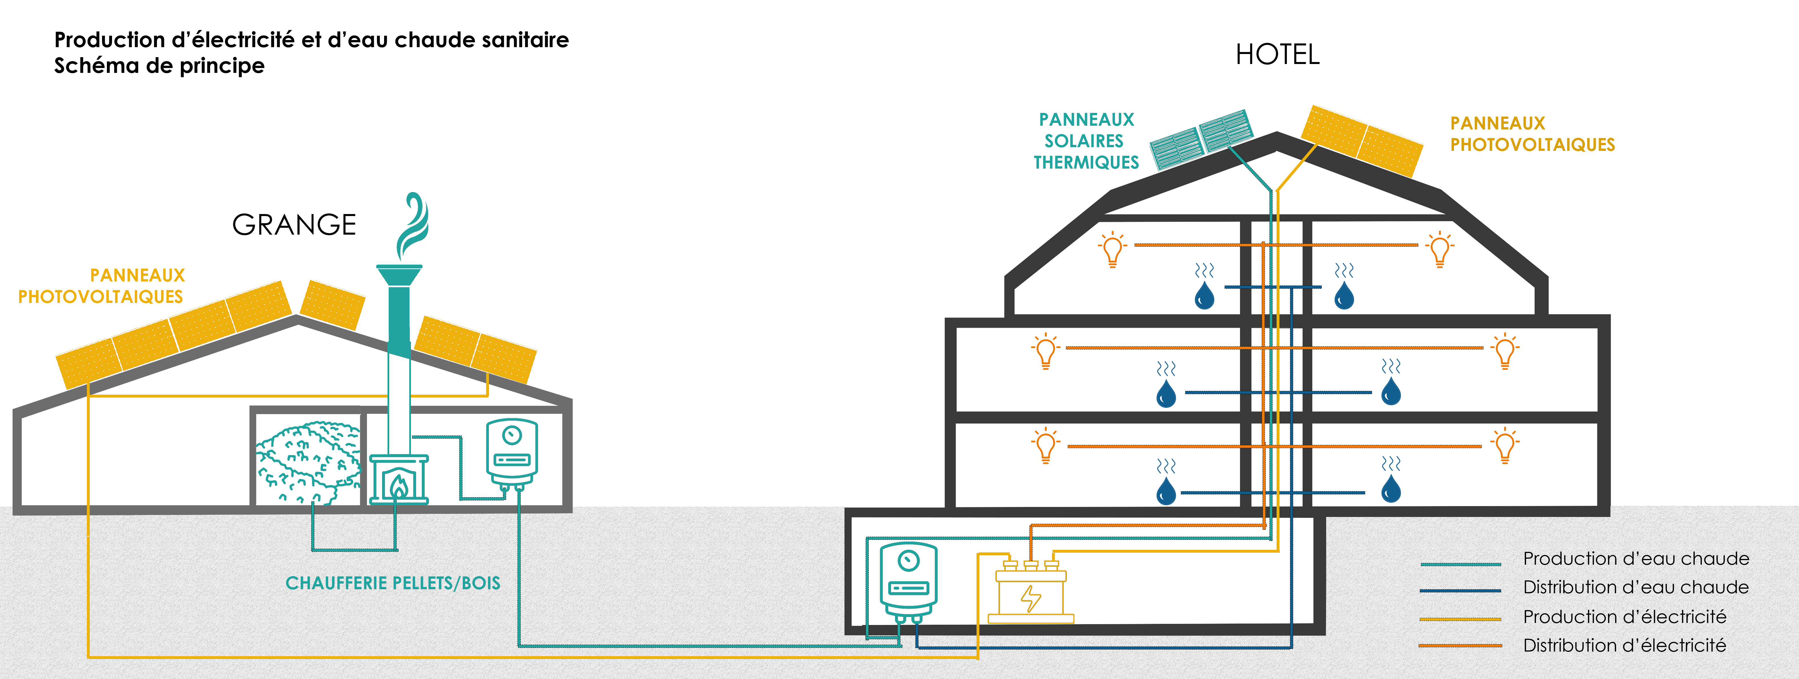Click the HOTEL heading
[x=1277, y=55]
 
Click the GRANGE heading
[x=294, y=225]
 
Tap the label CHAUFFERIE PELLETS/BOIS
[x=392, y=583]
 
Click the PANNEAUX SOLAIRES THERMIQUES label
[x=1086, y=141]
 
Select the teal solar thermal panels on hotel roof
[x=1201, y=138]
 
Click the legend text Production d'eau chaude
[x=1636, y=559]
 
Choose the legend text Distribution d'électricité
[x=1624, y=646]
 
